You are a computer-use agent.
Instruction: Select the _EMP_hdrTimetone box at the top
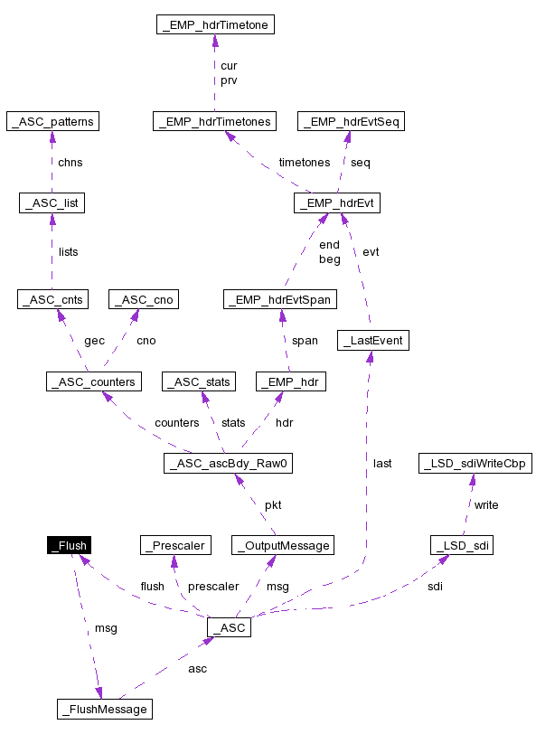click(x=214, y=25)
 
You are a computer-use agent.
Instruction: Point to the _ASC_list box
click(x=52, y=203)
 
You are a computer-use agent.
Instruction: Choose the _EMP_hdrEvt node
click(x=336, y=203)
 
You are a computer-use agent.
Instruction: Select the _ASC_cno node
click(x=141, y=299)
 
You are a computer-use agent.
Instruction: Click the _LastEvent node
click(x=372, y=341)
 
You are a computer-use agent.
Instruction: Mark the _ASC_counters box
click(x=94, y=381)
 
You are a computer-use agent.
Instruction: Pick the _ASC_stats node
click(x=198, y=381)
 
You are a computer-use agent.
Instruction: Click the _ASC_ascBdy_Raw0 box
click(x=230, y=464)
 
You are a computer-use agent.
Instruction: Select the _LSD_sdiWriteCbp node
click(x=475, y=464)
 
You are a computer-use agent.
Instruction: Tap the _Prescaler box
click(x=175, y=545)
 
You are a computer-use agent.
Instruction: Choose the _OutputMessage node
click(x=283, y=545)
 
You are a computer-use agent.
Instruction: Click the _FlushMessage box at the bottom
click(x=103, y=709)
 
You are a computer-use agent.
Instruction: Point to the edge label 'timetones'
click(x=304, y=163)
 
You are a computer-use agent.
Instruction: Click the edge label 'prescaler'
click(x=213, y=587)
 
